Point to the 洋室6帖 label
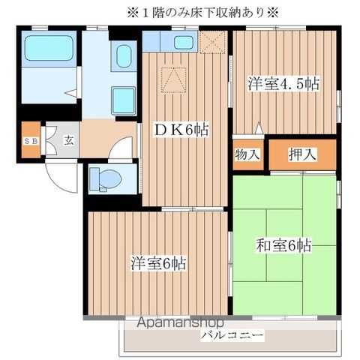(x=159, y=263)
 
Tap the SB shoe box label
(x=31, y=140)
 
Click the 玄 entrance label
(x=67, y=140)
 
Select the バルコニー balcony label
(x=231, y=335)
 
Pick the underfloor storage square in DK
(x=173, y=76)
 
